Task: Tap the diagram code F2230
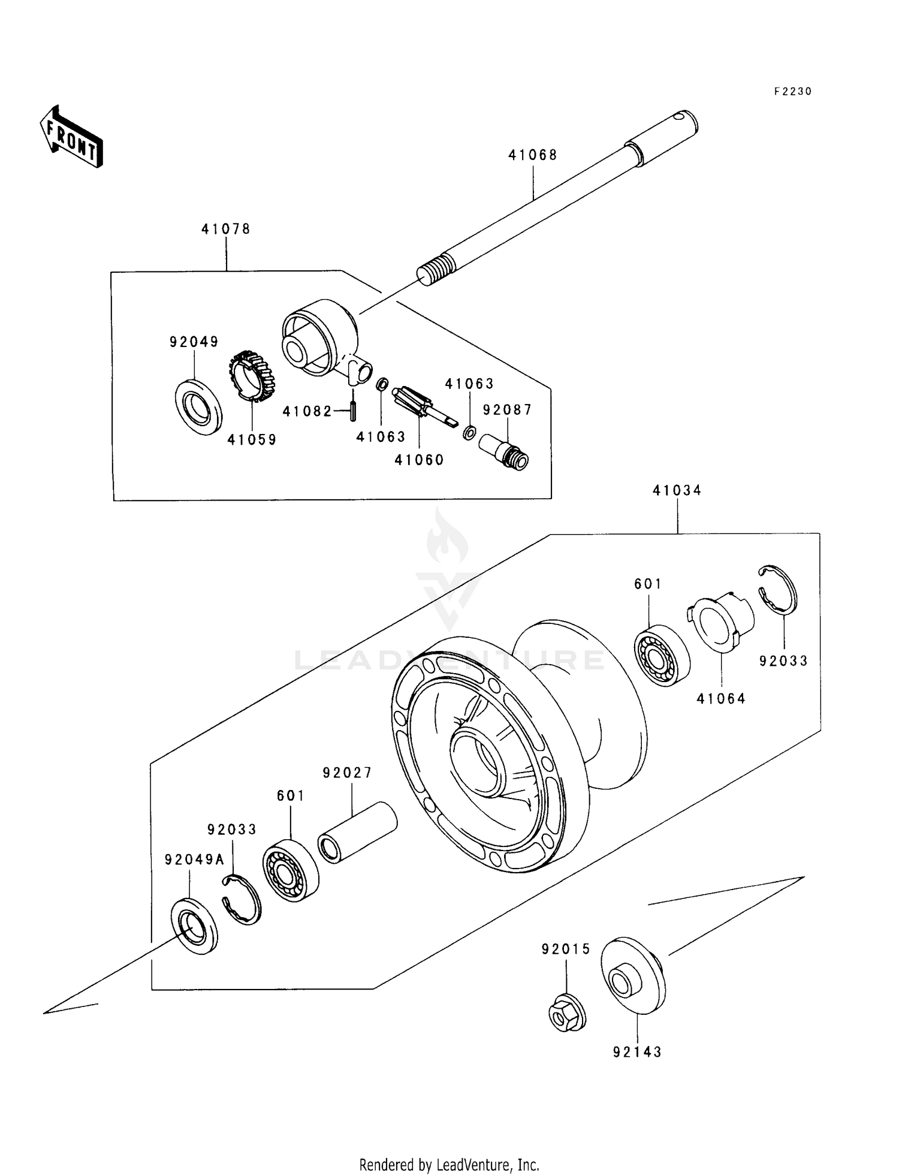click(792, 92)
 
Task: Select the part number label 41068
click(533, 155)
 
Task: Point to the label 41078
click(225, 229)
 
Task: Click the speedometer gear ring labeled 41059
click(252, 376)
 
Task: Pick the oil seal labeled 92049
click(198, 407)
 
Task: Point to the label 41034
click(677, 490)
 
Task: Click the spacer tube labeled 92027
click(357, 833)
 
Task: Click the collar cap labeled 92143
click(633, 975)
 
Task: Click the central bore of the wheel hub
click(476, 764)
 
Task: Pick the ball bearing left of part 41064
click(662, 655)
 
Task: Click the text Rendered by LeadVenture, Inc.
click(449, 1165)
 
